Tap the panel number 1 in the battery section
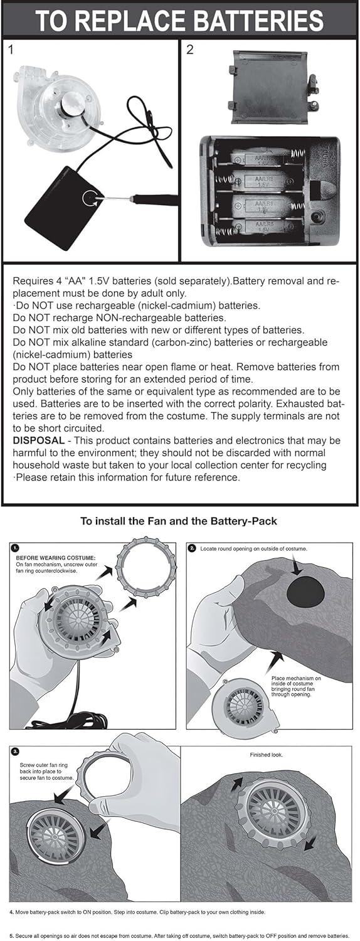click(x=11, y=50)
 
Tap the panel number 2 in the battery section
click(x=190, y=50)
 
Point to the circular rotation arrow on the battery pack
click(x=91, y=198)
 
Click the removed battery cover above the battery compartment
click(x=272, y=87)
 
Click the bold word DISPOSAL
click(x=39, y=440)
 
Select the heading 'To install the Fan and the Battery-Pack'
click(x=179, y=521)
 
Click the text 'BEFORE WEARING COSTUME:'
click(x=56, y=558)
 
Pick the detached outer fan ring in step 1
click(x=145, y=566)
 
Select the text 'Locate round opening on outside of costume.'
click(x=253, y=549)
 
